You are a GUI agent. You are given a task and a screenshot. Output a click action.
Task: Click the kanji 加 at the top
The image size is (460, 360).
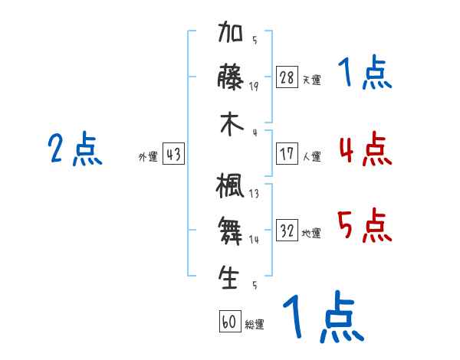click(x=231, y=31)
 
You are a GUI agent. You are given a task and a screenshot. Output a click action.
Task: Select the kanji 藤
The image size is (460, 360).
click(x=231, y=77)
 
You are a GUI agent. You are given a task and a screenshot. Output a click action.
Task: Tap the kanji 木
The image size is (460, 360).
click(x=232, y=124)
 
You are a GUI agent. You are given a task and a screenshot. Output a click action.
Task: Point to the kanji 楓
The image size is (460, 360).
click(x=230, y=185)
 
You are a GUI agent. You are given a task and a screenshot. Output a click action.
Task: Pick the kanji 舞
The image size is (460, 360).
click(x=230, y=231)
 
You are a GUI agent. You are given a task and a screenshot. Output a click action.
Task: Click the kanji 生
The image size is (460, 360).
click(x=228, y=277)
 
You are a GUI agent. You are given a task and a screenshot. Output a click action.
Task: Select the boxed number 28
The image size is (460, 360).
click(x=287, y=77)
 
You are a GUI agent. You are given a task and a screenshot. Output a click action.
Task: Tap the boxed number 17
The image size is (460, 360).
click(x=287, y=154)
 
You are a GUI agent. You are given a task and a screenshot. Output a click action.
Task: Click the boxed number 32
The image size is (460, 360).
click(x=287, y=230)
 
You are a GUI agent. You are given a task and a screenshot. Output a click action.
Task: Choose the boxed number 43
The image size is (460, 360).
click(x=173, y=154)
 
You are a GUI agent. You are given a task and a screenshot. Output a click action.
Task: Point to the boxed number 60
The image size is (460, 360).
click(x=230, y=321)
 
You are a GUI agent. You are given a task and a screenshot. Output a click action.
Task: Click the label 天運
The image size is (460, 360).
click(x=312, y=80)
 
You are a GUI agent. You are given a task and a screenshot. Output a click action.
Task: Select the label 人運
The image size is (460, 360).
click(x=312, y=156)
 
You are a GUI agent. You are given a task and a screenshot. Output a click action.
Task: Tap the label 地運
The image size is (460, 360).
click(x=311, y=233)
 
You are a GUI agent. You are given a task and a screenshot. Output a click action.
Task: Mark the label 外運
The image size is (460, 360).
click(x=148, y=156)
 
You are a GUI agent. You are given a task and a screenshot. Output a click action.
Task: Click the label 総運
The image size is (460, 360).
click(x=255, y=324)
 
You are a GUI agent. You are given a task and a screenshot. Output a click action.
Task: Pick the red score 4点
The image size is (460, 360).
click(x=366, y=149)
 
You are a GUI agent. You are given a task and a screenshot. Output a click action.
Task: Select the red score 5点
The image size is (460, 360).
click(x=364, y=225)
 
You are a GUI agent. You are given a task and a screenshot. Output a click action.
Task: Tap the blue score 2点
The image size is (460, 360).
click(x=75, y=149)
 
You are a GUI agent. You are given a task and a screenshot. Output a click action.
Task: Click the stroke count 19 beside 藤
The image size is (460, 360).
click(x=254, y=87)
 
